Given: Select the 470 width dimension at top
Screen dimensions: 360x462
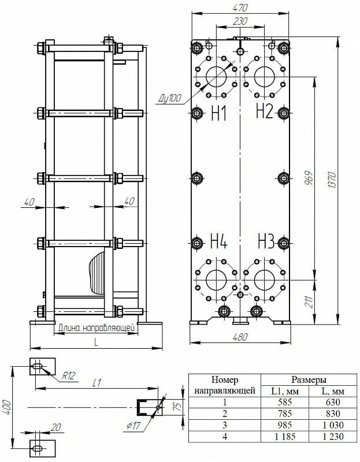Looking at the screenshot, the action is coord(240,8).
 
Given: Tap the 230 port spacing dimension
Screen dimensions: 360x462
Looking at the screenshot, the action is coord(240,21).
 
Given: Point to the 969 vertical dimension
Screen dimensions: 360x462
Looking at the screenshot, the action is coord(309,178).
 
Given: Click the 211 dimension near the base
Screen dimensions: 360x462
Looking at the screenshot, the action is coord(309,301).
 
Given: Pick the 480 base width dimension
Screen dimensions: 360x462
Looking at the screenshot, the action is coord(240,337).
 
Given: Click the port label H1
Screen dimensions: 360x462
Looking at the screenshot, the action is coord(219,113).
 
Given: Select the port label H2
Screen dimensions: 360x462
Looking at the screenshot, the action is coord(265,111).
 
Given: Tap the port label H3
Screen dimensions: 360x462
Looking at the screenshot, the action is coord(266,241).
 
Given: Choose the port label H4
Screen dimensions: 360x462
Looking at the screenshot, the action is coord(219,241).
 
